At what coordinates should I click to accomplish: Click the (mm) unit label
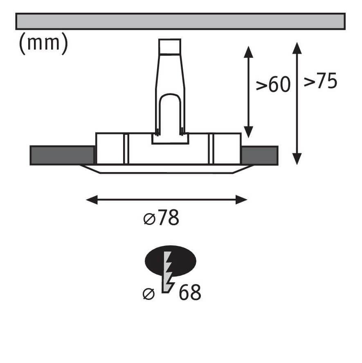43,43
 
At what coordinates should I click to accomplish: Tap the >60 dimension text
273,85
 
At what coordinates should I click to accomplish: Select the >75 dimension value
320,81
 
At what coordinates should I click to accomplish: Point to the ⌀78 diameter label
161,218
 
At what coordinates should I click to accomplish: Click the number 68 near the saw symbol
190,293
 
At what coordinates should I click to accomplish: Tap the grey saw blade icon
168,272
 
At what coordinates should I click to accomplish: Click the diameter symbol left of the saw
148,294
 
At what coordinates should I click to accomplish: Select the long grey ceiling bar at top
180,21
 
